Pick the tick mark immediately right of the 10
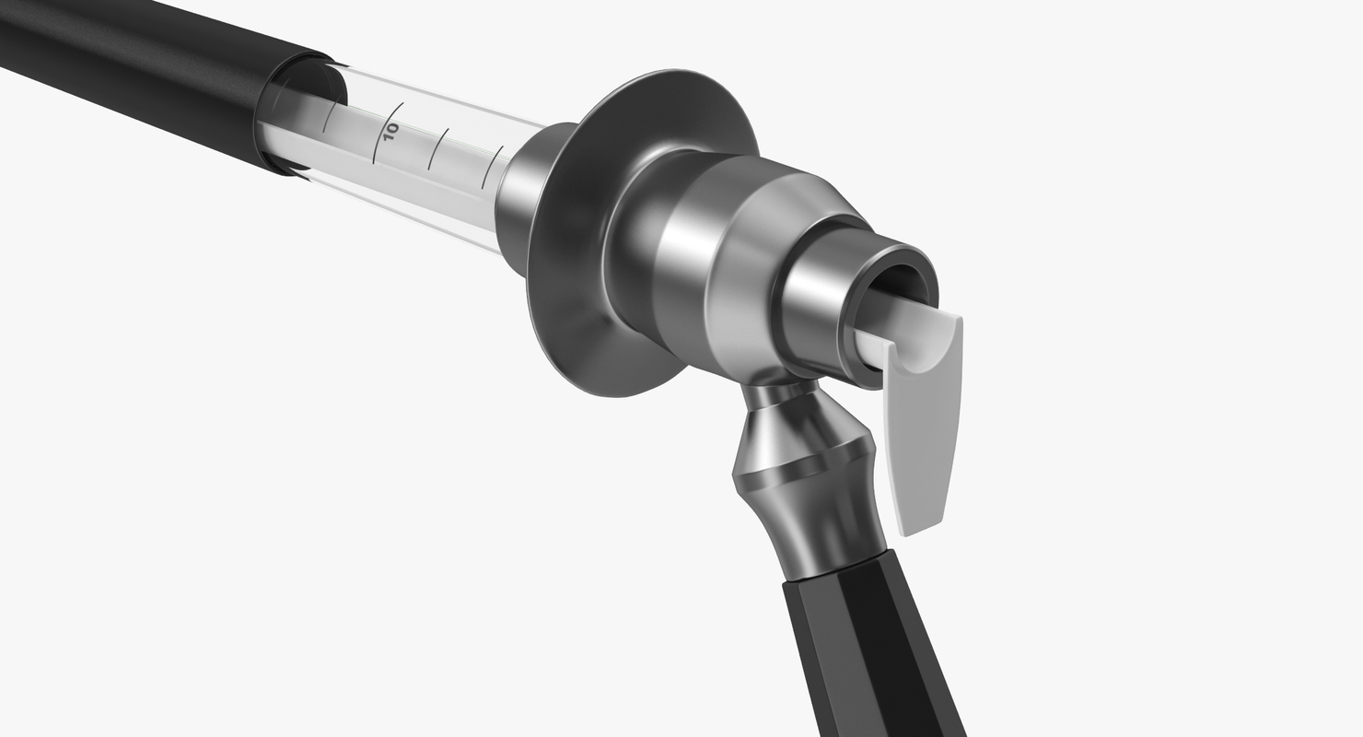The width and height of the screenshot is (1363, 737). (x=437, y=148)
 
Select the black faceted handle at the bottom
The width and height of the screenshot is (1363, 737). (x=866, y=645)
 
